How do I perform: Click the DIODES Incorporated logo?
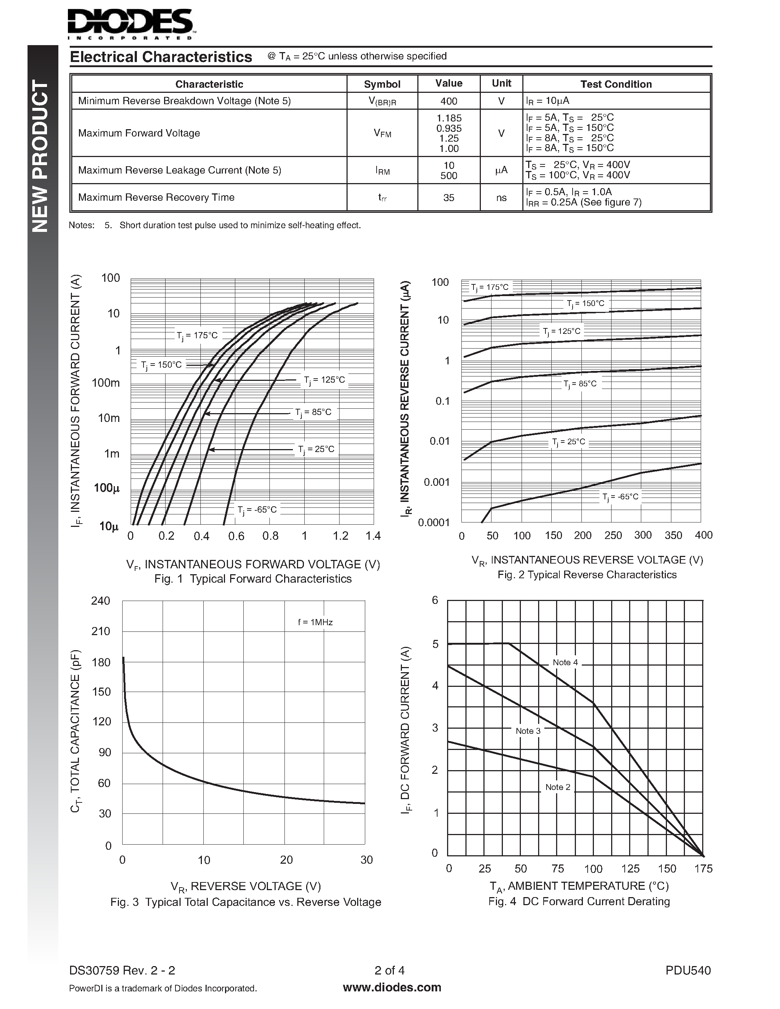click(131, 24)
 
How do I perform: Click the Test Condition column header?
click(616, 84)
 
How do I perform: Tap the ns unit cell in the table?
click(501, 198)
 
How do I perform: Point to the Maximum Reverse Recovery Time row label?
click(156, 197)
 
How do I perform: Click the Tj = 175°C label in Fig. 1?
click(197, 336)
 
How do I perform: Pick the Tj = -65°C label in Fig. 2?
click(620, 497)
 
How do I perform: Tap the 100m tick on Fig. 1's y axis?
click(106, 383)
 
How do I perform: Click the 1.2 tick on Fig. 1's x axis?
click(341, 536)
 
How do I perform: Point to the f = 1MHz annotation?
click(315, 622)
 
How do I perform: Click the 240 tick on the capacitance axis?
click(101, 601)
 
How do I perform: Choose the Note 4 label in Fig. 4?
click(565, 663)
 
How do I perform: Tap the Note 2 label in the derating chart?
click(558, 787)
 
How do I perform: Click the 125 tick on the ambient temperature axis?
click(630, 868)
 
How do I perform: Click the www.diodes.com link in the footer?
click(392, 987)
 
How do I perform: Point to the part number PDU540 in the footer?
click(688, 970)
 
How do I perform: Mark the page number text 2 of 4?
click(389, 970)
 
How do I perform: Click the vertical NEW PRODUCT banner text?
click(41, 156)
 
